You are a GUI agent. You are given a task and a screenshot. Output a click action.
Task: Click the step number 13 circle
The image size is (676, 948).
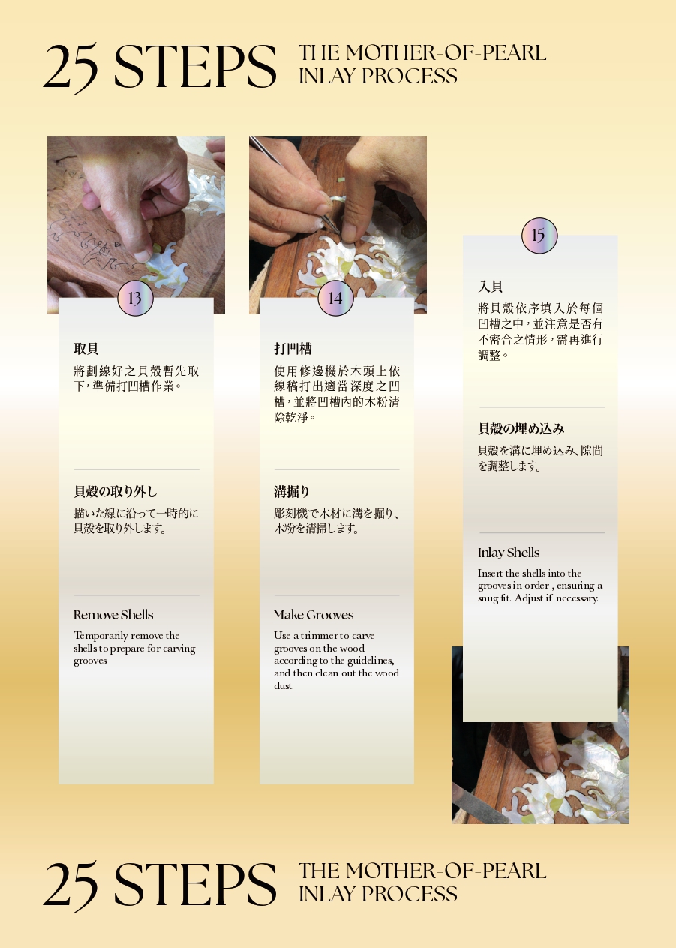[135, 298]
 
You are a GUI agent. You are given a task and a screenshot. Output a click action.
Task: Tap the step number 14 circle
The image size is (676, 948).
[335, 298]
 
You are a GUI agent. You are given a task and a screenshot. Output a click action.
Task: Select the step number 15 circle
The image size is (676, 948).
[539, 235]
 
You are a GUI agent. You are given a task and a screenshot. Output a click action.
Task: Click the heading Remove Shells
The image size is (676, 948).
[113, 615]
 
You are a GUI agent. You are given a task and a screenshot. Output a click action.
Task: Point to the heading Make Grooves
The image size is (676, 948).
[314, 615]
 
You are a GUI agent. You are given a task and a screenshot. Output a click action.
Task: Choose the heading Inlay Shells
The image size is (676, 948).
[509, 553]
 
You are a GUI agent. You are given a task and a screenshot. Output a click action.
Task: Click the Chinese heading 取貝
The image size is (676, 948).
[86, 349]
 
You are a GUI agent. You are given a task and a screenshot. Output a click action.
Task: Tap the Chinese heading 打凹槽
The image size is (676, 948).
[293, 349]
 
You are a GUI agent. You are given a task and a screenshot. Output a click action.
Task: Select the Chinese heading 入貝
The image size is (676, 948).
[491, 286]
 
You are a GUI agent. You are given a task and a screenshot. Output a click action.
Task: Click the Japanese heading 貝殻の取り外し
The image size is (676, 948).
[116, 492]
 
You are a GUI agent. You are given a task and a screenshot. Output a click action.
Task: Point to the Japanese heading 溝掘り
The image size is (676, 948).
[292, 492]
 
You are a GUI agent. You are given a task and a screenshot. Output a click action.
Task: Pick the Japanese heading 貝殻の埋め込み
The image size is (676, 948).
[521, 429]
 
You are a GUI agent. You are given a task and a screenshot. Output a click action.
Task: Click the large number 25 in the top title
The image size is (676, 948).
[71, 67]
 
